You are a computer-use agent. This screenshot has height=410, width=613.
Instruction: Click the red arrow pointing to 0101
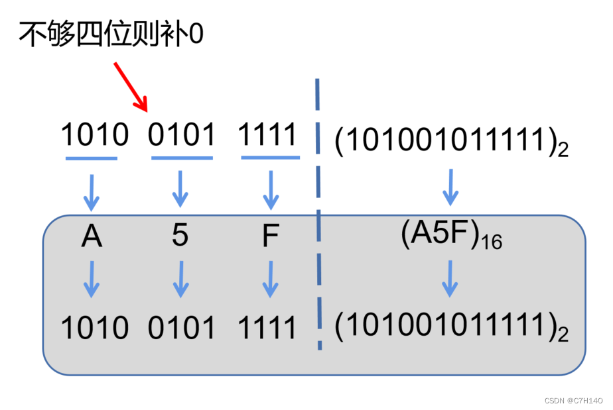[130, 86]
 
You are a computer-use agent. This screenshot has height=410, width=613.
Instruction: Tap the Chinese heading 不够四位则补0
[111, 33]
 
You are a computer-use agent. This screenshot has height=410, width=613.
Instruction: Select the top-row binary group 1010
[94, 136]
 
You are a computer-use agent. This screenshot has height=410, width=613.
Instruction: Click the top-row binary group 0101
[182, 136]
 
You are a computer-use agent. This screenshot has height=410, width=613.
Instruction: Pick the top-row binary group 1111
[267, 136]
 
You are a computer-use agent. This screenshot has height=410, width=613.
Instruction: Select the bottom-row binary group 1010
[94, 327]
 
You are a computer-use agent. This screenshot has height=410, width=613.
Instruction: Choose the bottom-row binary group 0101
[182, 327]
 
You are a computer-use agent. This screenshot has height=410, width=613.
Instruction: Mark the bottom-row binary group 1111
[267, 327]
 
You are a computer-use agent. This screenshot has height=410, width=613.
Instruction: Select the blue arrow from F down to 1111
[269, 278]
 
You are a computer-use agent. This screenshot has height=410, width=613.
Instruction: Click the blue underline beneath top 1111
[269, 158]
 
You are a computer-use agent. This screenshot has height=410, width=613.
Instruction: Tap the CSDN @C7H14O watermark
[573, 401]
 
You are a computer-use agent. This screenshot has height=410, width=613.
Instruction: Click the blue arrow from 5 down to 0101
[180, 278]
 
